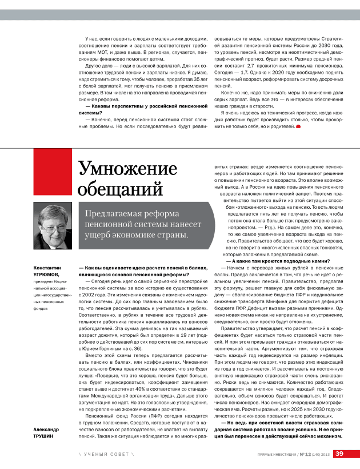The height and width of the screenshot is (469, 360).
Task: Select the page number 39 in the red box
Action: click(339, 454)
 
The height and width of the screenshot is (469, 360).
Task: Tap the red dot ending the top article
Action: click(298, 126)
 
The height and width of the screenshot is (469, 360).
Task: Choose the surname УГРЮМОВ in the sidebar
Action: click(47, 274)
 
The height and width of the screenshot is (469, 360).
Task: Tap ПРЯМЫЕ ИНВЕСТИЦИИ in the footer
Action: click(276, 454)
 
